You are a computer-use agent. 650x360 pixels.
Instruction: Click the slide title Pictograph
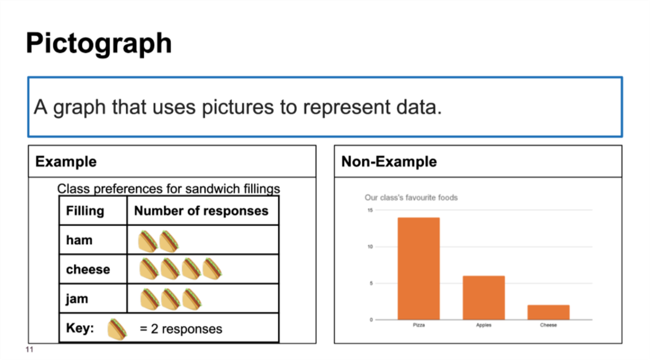[x=99, y=43]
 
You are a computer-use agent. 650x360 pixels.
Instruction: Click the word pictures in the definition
[x=238, y=108]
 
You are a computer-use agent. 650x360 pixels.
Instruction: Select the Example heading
[x=66, y=161]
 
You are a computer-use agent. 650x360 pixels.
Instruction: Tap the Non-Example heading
[x=389, y=161]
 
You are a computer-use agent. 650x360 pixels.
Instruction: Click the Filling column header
[x=85, y=211]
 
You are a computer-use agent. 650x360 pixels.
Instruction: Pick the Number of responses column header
[x=201, y=211]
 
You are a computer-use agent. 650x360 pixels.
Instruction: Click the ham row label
[x=79, y=240]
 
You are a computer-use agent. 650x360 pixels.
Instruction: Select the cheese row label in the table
[x=88, y=270]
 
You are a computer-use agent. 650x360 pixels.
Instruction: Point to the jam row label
[x=77, y=299]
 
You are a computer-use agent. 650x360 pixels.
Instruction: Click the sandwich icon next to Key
[x=117, y=329]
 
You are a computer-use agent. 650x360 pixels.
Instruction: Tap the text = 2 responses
[x=181, y=329]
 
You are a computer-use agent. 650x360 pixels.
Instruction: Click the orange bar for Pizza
[x=418, y=269]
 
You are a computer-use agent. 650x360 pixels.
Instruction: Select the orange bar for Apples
[x=483, y=298]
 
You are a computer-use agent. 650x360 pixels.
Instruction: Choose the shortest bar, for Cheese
[x=548, y=312]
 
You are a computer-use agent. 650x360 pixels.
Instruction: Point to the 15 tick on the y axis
[x=370, y=210]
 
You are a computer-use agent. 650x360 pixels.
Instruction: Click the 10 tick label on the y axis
[x=370, y=247]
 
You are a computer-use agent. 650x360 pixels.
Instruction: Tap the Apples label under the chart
[x=483, y=325]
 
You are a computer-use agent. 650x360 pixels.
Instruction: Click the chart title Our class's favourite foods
[x=411, y=198]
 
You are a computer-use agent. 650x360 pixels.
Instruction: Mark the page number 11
[x=30, y=350]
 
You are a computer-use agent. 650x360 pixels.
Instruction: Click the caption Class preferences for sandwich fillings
[x=168, y=189]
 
